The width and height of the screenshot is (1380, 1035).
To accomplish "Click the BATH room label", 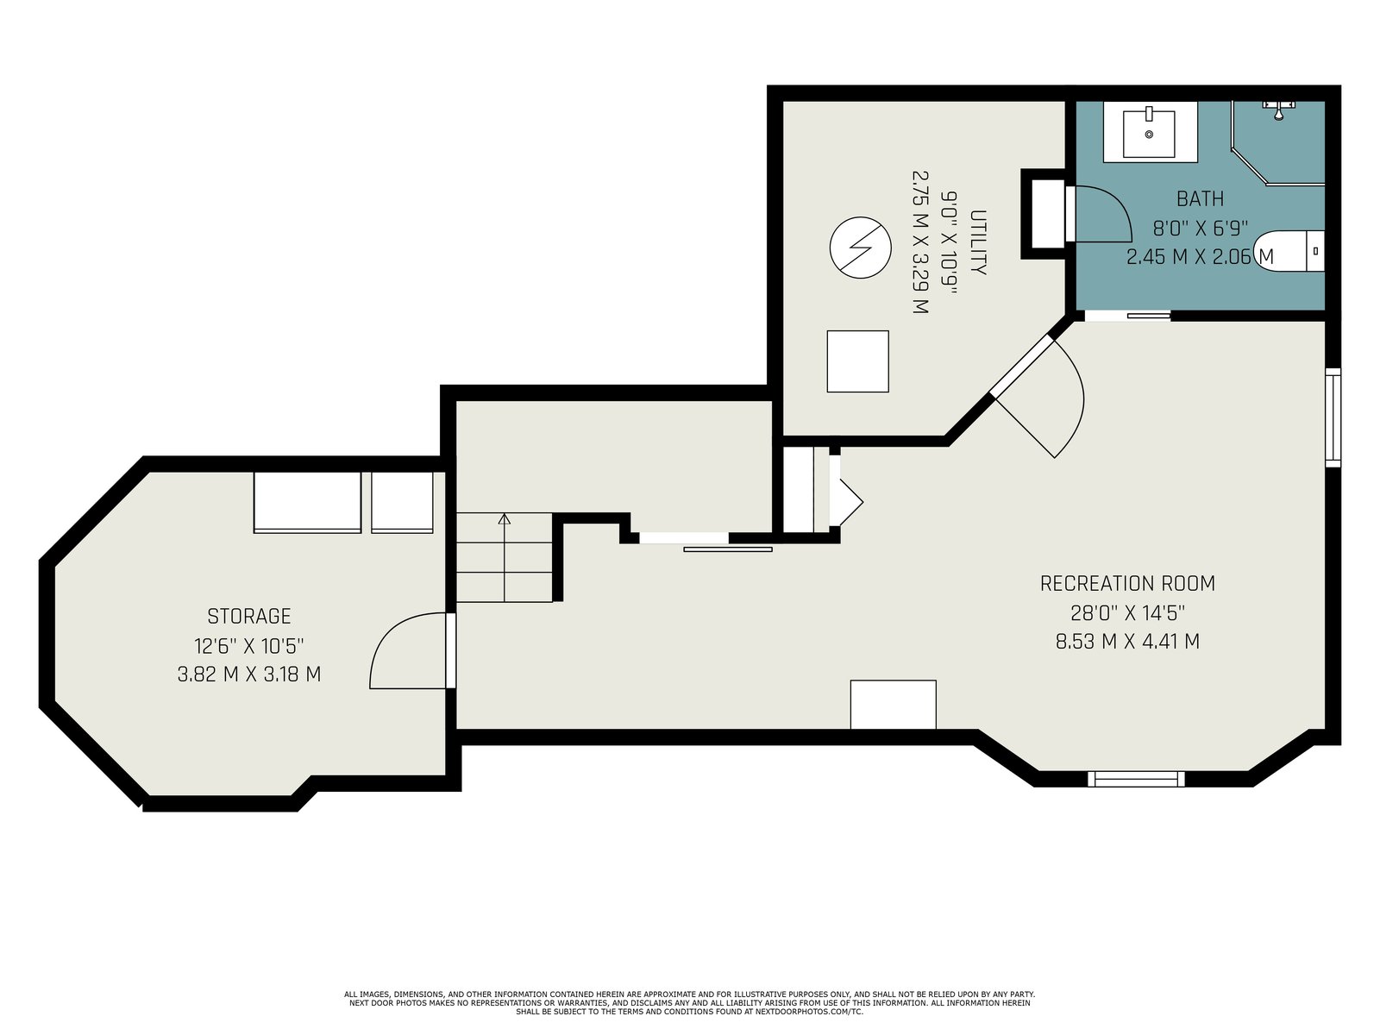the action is pyautogui.click(x=1200, y=199).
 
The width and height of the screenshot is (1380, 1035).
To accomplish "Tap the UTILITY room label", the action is pyautogui.click(x=977, y=242).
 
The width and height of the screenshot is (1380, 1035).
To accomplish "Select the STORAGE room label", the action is pyautogui.click(x=249, y=617).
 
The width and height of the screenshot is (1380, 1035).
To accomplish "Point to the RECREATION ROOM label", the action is pyautogui.click(x=1127, y=584).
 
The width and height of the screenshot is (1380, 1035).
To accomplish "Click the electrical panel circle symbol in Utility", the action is pyautogui.click(x=860, y=248).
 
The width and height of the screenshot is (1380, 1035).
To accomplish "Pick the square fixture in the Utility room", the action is pyautogui.click(x=857, y=361).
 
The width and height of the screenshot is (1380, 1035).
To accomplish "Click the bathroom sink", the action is pyautogui.click(x=1149, y=133).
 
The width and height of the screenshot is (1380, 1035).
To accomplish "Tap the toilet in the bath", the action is pyautogui.click(x=1289, y=251).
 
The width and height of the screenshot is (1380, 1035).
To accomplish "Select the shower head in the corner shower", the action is pyautogui.click(x=1279, y=110).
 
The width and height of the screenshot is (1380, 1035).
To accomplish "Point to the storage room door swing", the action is pyautogui.click(x=409, y=650).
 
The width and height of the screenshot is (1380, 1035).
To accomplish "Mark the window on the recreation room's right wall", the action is pyautogui.click(x=1333, y=418).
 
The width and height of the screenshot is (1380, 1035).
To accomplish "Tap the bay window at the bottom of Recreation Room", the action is pyautogui.click(x=1136, y=779).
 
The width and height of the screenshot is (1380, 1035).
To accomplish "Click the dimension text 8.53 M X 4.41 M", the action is pyautogui.click(x=1127, y=642).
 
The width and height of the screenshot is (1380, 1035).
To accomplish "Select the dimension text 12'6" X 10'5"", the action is pyautogui.click(x=249, y=645).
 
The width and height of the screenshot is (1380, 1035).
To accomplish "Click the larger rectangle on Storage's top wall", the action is pyautogui.click(x=307, y=502).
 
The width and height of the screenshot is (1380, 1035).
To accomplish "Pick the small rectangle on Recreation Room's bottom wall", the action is pyautogui.click(x=894, y=705).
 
